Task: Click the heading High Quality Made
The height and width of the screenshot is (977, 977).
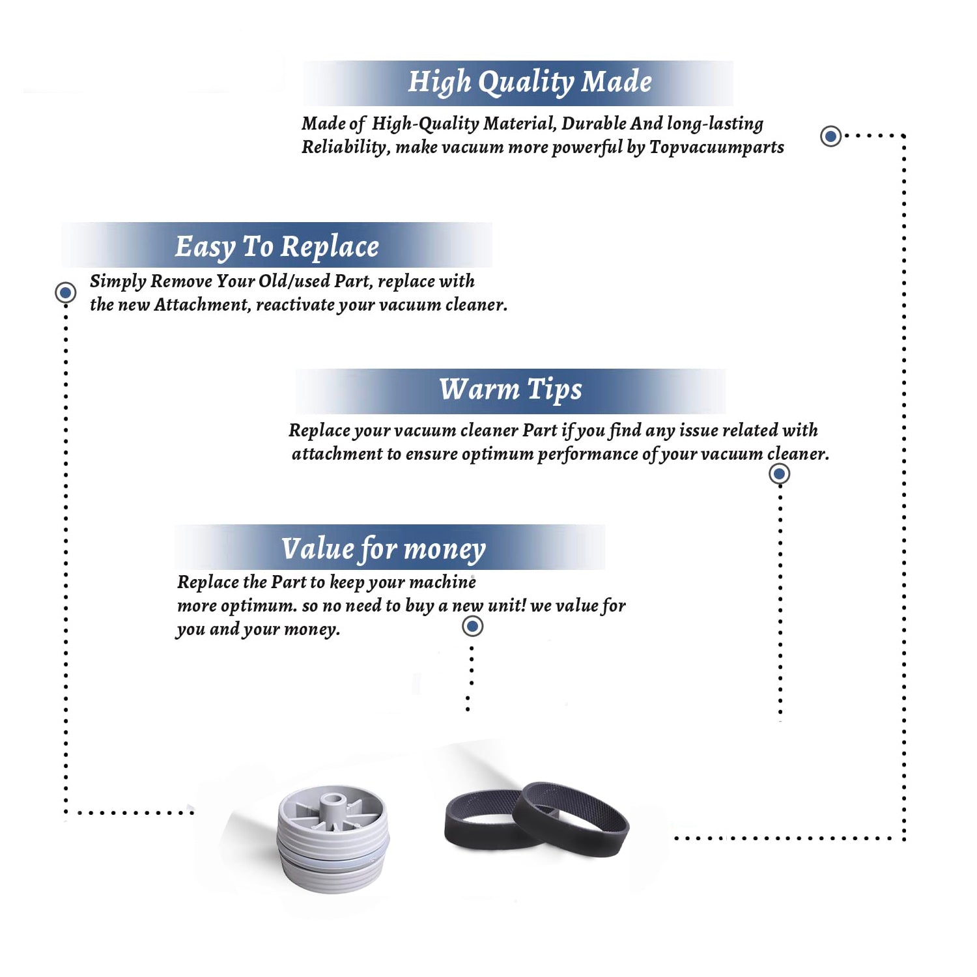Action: [x=530, y=83]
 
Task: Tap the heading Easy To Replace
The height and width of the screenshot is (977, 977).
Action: [x=277, y=247]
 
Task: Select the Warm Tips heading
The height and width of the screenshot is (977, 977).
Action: [x=510, y=389]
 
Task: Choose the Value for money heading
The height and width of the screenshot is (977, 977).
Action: [x=383, y=549]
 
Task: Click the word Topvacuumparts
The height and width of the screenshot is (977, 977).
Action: [x=716, y=147]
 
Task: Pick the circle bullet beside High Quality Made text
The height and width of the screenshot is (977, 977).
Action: [x=830, y=136]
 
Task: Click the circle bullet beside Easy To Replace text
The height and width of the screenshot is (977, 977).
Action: [x=65, y=292]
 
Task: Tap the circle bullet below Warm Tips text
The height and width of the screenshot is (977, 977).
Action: [x=779, y=474]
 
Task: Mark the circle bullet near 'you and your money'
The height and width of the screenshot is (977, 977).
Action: [x=472, y=627]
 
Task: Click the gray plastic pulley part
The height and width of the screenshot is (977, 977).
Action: [x=333, y=839]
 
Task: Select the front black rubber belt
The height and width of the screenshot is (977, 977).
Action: [x=571, y=819]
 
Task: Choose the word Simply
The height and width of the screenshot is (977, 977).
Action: [x=118, y=281]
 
